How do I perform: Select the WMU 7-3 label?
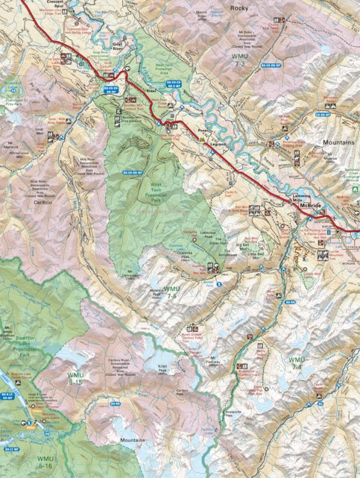pyautogui.click(x=240, y=62)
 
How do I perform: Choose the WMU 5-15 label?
pyautogui.click(x=76, y=378)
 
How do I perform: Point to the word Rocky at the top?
pyautogui.click(x=239, y=7)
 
